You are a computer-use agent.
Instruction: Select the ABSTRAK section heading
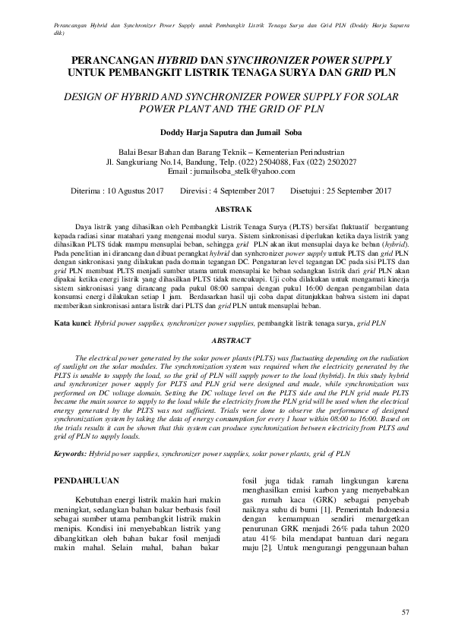[234, 207]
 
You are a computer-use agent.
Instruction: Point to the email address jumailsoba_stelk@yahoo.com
[251, 172]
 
